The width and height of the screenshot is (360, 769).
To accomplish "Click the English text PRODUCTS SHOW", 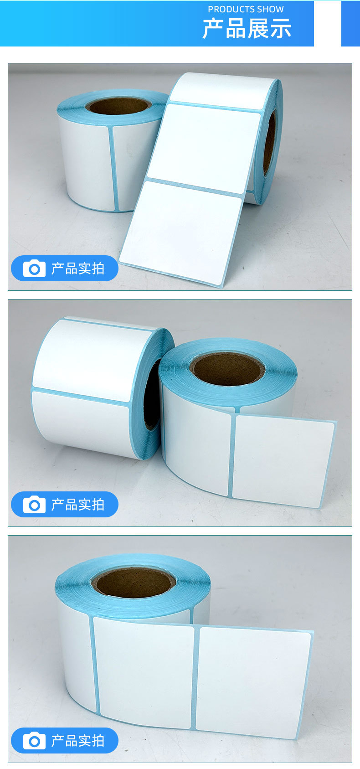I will click(x=246, y=9).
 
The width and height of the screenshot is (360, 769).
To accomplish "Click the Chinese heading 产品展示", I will click(x=247, y=29).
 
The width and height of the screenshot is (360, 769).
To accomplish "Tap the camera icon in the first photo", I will click(x=34, y=268).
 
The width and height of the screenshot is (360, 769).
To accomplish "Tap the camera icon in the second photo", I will click(x=34, y=505).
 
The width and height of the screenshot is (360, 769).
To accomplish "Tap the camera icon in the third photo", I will click(x=34, y=741).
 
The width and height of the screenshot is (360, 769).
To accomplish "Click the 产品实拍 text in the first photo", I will click(x=78, y=268).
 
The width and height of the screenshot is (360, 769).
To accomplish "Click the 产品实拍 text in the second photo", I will click(x=78, y=505).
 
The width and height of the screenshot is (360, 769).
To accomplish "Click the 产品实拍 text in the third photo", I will click(x=78, y=741).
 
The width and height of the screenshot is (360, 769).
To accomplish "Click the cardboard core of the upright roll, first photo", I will click(x=118, y=106).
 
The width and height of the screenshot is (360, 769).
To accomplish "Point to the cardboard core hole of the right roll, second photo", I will click(x=227, y=368).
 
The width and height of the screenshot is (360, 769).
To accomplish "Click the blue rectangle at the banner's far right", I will click(x=350, y=23).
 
